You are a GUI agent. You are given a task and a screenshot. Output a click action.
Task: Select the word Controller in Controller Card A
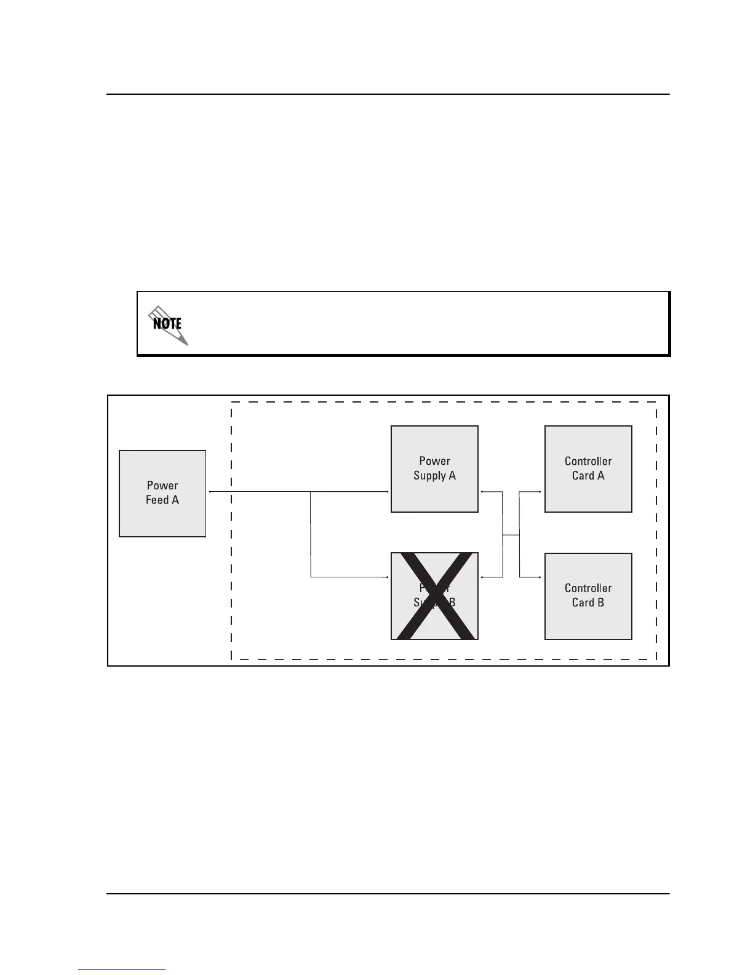click(588, 461)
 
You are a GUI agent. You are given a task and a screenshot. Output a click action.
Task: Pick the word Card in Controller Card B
click(583, 603)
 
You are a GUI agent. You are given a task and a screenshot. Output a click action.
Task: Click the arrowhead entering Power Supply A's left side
click(388, 492)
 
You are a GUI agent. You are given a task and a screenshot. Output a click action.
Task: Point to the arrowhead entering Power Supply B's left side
click(388, 577)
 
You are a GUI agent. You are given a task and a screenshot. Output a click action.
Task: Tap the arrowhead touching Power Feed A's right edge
click(210, 492)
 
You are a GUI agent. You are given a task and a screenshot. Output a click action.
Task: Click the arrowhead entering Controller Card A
click(541, 492)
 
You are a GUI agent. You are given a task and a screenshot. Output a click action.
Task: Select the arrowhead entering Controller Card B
click(541, 577)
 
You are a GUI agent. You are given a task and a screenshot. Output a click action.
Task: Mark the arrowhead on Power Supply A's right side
click(482, 492)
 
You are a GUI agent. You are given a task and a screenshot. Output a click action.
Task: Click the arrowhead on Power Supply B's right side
click(482, 577)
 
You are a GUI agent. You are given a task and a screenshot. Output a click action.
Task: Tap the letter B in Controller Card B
click(600, 603)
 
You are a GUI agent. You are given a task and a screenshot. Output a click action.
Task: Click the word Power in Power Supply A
click(434, 461)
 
